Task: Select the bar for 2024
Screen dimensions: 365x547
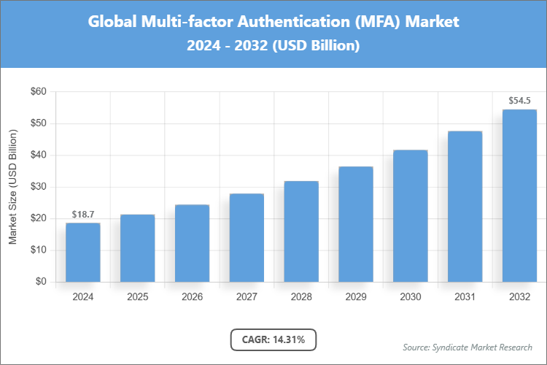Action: click(x=83, y=252)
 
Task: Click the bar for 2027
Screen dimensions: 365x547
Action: click(x=247, y=237)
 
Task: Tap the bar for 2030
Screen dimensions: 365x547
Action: click(x=411, y=215)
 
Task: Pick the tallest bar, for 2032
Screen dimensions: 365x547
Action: click(x=519, y=196)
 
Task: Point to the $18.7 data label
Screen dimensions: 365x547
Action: click(x=83, y=214)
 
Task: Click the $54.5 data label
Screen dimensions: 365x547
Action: click(x=519, y=100)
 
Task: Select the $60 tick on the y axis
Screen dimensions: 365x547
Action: click(x=37, y=92)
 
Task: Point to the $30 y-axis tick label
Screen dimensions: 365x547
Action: click(x=37, y=187)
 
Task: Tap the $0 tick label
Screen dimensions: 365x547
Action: click(x=40, y=282)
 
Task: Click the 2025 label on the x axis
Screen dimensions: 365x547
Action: click(x=138, y=297)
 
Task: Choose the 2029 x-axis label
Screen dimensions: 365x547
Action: click(x=356, y=297)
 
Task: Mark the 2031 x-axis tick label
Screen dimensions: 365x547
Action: click(x=465, y=297)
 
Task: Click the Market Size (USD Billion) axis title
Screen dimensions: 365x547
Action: click(x=13, y=187)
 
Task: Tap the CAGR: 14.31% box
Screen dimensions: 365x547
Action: click(x=273, y=339)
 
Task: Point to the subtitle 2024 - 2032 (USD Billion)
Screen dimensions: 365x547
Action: click(x=273, y=45)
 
